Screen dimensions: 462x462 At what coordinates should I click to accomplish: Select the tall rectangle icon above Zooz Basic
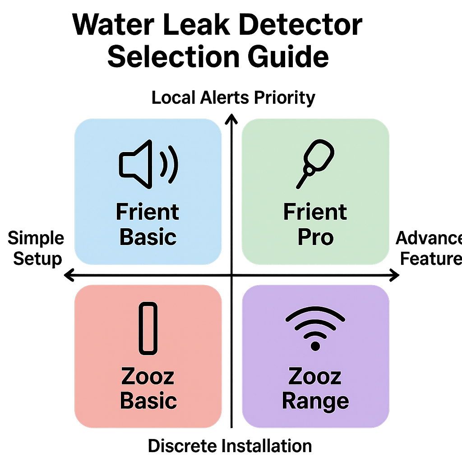click(x=148, y=328)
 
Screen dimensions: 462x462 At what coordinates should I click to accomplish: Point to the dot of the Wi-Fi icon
click(x=315, y=346)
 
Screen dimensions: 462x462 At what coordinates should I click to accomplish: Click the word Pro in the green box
click(x=315, y=237)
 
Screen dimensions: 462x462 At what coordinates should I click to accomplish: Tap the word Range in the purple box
click(x=315, y=401)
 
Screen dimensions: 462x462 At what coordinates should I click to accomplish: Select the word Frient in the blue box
click(x=148, y=212)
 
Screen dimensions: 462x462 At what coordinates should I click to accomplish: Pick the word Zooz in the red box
click(x=148, y=376)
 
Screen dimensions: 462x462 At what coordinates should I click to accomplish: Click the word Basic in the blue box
click(x=148, y=237)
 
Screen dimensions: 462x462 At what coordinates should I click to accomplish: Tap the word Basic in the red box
click(x=148, y=401)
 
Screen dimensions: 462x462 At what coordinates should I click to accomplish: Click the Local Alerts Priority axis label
click(x=233, y=98)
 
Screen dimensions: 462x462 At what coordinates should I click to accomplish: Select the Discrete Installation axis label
click(x=230, y=446)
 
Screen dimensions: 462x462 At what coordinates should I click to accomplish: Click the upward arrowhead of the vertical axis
click(x=231, y=118)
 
